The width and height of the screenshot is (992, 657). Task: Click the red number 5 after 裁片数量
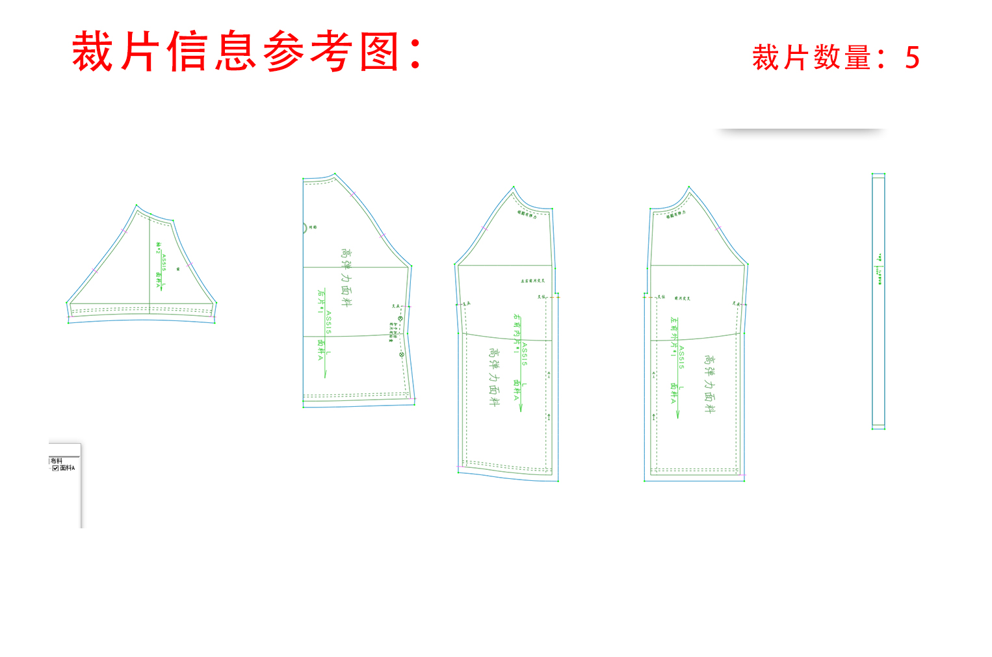click(912, 58)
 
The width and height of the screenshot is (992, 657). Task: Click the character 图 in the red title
click(379, 51)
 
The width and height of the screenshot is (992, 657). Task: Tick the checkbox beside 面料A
click(55, 468)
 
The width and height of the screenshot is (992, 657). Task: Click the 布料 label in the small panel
click(57, 461)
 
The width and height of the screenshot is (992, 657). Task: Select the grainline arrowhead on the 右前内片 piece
click(520, 407)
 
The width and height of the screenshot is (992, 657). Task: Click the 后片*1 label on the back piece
click(320, 302)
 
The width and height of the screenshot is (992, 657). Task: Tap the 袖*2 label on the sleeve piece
click(157, 248)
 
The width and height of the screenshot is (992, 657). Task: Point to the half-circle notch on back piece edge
click(305, 228)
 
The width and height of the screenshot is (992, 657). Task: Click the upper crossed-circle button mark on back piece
click(400, 318)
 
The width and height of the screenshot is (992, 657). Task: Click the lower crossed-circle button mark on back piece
click(402, 354)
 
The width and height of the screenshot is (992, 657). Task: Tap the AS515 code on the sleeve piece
click(164, 262)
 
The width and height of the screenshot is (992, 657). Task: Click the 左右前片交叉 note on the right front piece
click(532, 281)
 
